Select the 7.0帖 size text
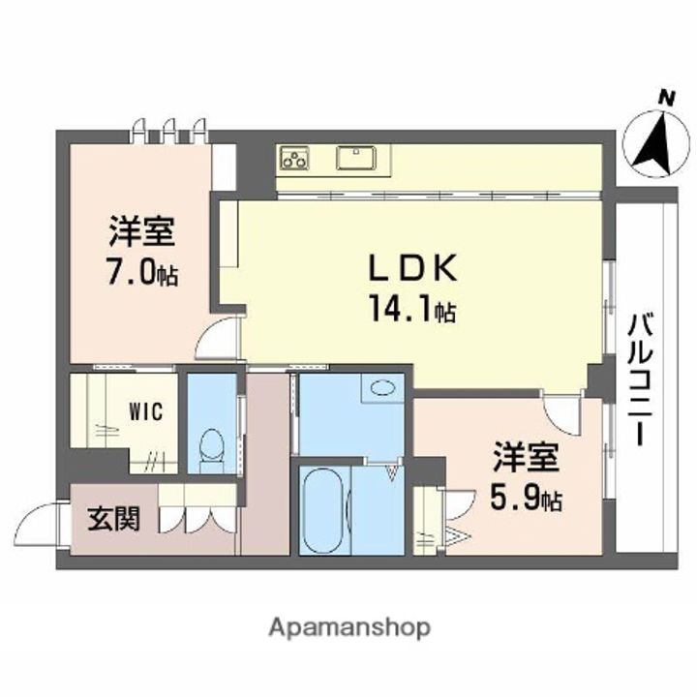coord(141,274)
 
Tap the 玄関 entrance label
coord(114,519)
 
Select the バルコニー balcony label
coord(638,378)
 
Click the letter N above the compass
coord(665,97)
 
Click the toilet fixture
coord(210,446)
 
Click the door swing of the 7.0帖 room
coord(219,340)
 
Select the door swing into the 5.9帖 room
coord(561,413)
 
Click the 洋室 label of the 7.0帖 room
coord(141,234)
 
